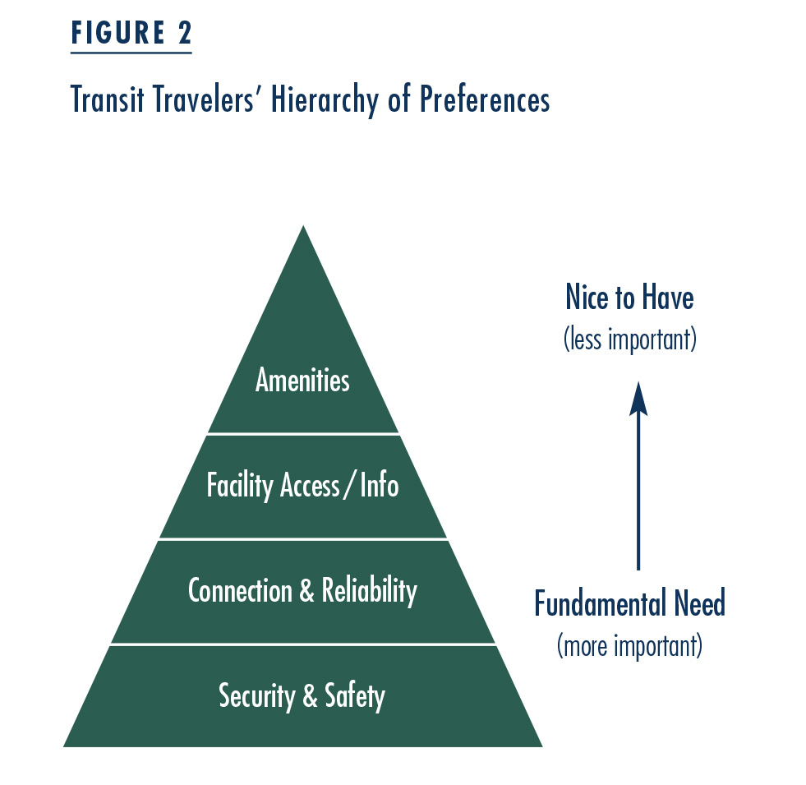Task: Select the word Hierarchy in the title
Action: point(325,99)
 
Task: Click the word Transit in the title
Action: point(107,99)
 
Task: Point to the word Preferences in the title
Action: point(486,99)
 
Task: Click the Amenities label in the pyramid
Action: point(303,380)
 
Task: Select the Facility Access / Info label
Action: point(303,485)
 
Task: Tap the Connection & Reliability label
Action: point(303,590)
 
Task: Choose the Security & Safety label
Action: point(302,695)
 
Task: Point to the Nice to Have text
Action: point(629,297)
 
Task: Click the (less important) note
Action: point(630,339)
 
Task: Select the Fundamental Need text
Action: point(629,603)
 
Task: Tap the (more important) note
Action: point(629,645)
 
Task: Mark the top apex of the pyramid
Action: point(303,225)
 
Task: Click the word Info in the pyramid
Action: point(380,485)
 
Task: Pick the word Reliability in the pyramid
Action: point(370,590)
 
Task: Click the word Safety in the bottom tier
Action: point(355,695)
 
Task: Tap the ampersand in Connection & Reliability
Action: point(306,590)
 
